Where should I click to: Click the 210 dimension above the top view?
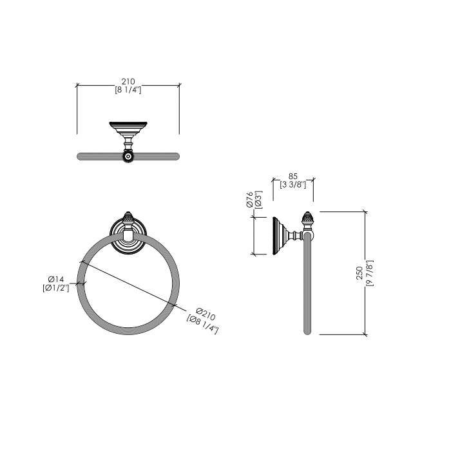click(128, 81)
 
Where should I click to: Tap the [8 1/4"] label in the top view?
click(128, 90)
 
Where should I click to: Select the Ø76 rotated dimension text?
click(249, 200)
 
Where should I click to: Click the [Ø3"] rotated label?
click(258, 200)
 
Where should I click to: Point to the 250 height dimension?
click(359, 274)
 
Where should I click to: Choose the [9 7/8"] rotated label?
click(369, 274)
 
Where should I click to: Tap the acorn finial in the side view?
click(308, 220)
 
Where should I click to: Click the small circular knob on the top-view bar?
click(129, 156)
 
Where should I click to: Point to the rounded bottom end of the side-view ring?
click(308, 331)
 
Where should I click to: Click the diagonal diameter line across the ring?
click(129, 282)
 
